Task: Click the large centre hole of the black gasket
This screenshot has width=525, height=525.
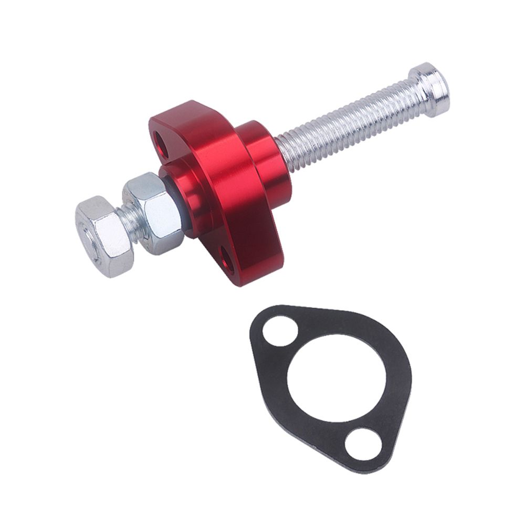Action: click(339, 378)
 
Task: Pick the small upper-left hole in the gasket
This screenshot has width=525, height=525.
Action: click(280, 331)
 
